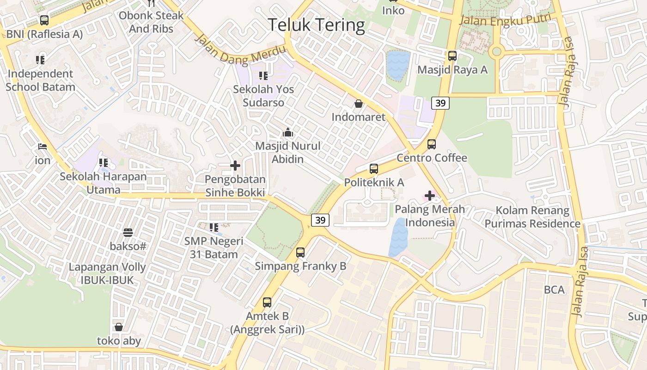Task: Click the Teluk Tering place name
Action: coord(317,25)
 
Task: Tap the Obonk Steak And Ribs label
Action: coord(151,22)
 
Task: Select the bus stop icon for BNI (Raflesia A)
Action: coord(44,20)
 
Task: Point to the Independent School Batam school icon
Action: coord(40,60)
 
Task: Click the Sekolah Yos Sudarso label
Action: coord(263,96)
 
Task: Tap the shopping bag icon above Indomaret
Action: coord(358,104)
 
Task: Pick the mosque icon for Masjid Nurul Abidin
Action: coord(288,133)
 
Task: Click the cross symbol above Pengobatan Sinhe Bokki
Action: coord(235,166)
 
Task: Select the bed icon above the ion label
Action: coord(43,147)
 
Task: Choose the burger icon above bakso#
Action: coord(128,232)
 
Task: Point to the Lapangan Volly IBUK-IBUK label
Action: coord(107,273)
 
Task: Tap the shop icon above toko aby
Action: coord(119,327)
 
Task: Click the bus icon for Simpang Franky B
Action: coord(300,253)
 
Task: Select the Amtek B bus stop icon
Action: coord(267,302)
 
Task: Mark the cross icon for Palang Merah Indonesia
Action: coord(430,196)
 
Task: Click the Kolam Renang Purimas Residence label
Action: coord(532,217)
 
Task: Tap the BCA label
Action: coord(554,290)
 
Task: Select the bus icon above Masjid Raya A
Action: coord(452,56)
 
